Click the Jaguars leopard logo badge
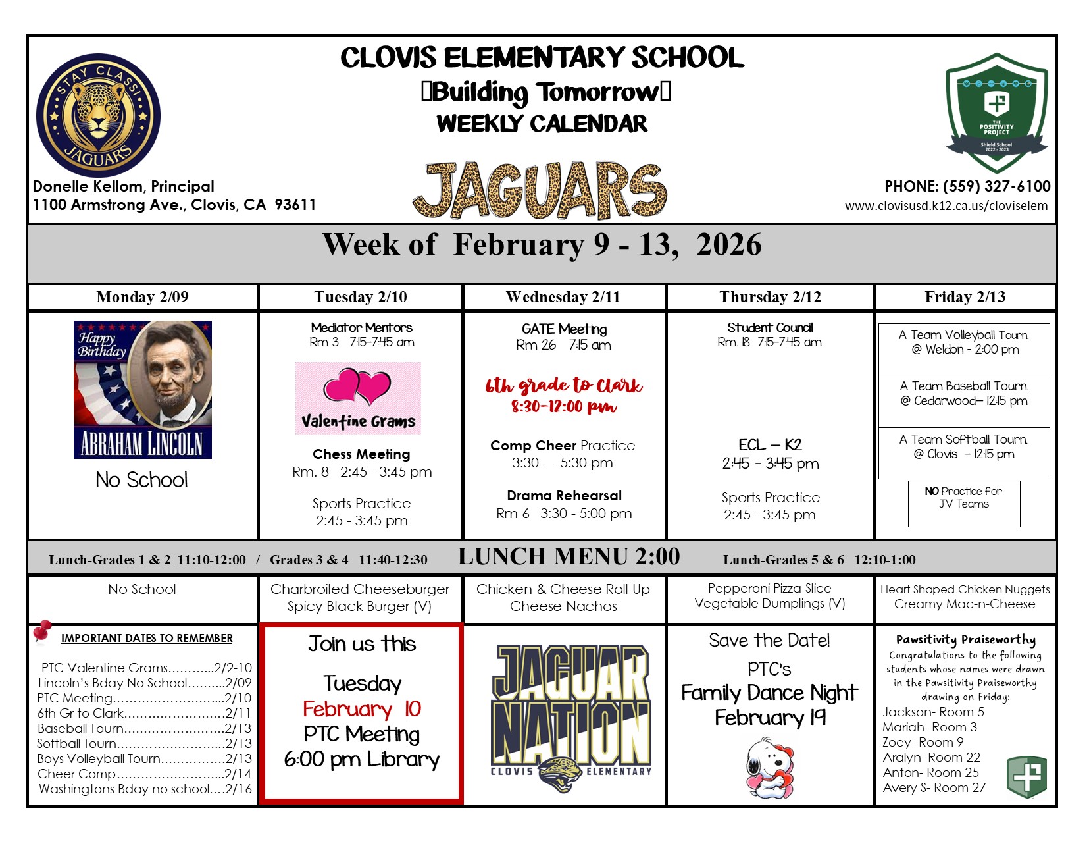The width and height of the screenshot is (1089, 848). click(x=99, y=115)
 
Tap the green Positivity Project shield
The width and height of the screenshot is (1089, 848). click(x=996, y=113)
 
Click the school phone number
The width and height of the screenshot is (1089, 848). click(x=967, y=186)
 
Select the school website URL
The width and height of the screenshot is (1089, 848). click(x=946, y=206)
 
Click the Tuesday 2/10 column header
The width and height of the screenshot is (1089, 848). click(x=361, y=297)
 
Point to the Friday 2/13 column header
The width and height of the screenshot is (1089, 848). click(x=965, y=297)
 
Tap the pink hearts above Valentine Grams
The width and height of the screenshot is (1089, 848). click(x=357, y=386)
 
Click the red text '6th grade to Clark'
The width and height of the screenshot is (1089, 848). click(x=564, y=386)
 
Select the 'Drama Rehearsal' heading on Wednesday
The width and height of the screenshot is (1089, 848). click(x=564, y=496)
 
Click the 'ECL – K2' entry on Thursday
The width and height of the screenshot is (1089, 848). click(x=770, y=445)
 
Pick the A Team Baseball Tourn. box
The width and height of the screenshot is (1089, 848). click(x=964, y=394)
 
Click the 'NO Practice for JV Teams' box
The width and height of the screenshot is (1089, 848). click(x=963, y=498)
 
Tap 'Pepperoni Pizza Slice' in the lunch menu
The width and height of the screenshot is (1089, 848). click(x=769, y=589)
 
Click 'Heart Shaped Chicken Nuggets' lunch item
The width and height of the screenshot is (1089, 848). click(x=965, y=589)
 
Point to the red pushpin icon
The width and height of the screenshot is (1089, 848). click(x=43, y=631)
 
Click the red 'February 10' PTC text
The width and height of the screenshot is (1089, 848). click(x=361, y=709)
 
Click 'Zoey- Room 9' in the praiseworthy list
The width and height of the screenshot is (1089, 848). click(x=923, y=742)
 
